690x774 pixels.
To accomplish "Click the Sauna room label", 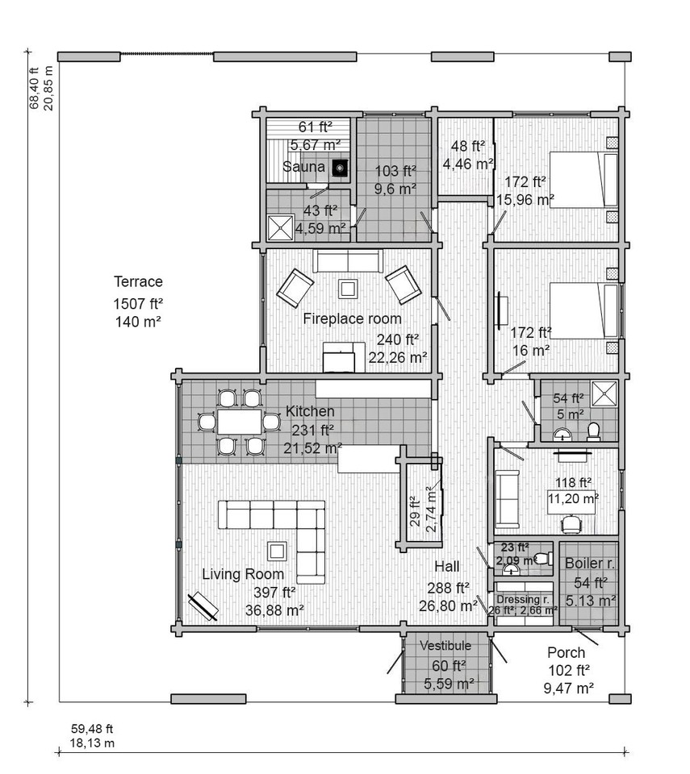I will [x=303, y=168].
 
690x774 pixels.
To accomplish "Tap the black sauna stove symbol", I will [x=341, y=168].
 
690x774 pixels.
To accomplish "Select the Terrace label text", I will [x=138, y=282].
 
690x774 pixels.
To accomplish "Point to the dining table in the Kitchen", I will [x=239, y=422].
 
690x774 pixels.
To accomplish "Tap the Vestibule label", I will [x=446, y=646].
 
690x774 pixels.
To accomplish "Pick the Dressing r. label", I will [x=522, y=599].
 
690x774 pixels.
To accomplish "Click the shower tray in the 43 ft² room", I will [x=281, y=227].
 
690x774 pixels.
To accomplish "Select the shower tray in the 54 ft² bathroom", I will [x=604, y=393].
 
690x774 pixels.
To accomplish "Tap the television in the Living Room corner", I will [x=203, y=606].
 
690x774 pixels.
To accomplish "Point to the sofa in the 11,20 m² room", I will [x=508, y=498].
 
